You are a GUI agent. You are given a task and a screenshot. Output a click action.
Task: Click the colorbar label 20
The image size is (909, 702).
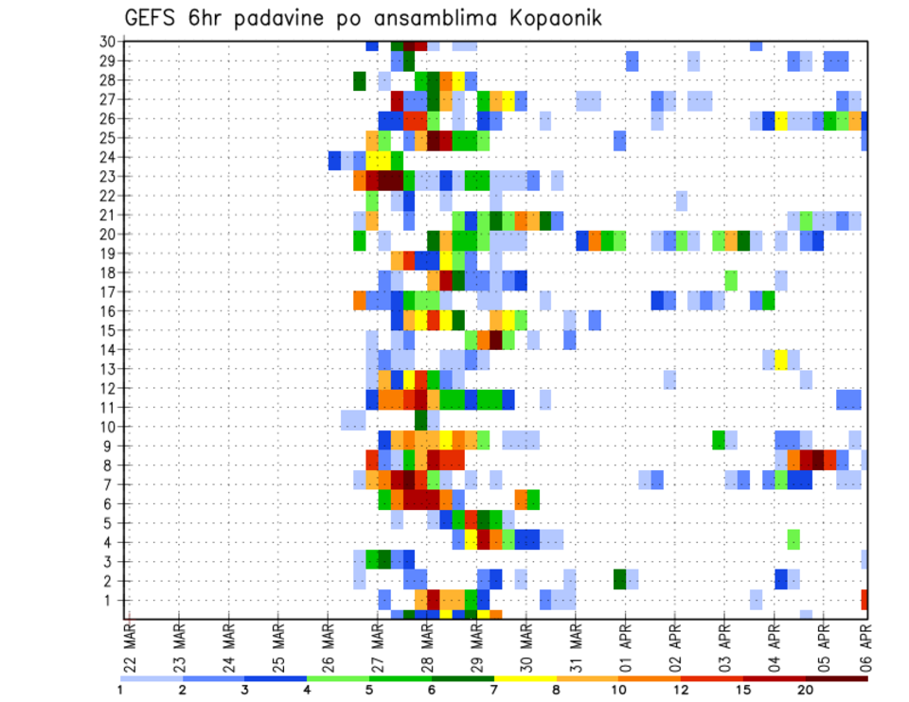[x=806, y=691]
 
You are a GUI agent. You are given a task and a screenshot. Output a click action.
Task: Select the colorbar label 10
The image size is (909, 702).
[x=618, y=691]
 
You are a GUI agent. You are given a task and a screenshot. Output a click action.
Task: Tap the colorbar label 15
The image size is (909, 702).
[x=743, y=691]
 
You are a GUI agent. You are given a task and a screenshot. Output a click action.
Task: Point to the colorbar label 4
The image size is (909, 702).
[x=307, y=691]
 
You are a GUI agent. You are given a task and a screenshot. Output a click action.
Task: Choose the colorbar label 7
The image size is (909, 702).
[x=494, y=691]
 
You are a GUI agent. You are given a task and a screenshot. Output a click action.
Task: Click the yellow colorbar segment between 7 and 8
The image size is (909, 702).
[x=526, y=677]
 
